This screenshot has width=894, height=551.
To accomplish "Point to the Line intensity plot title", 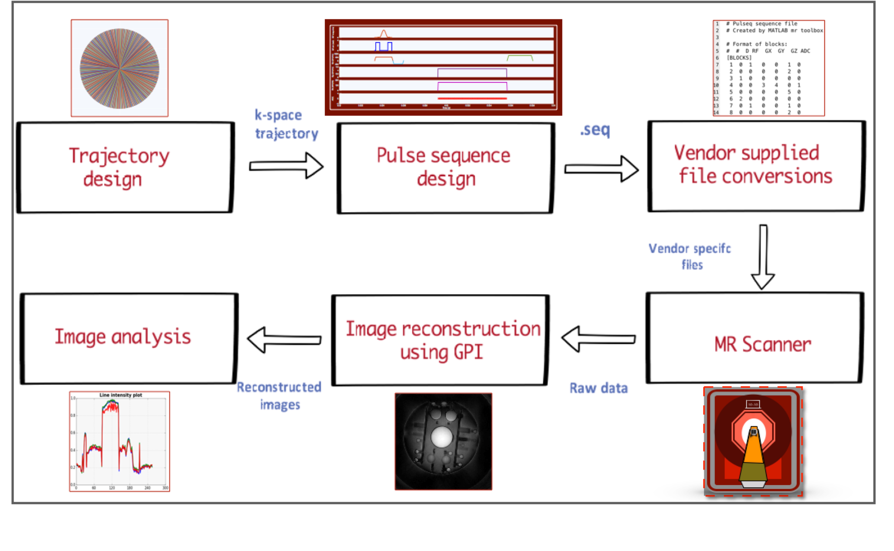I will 121,395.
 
